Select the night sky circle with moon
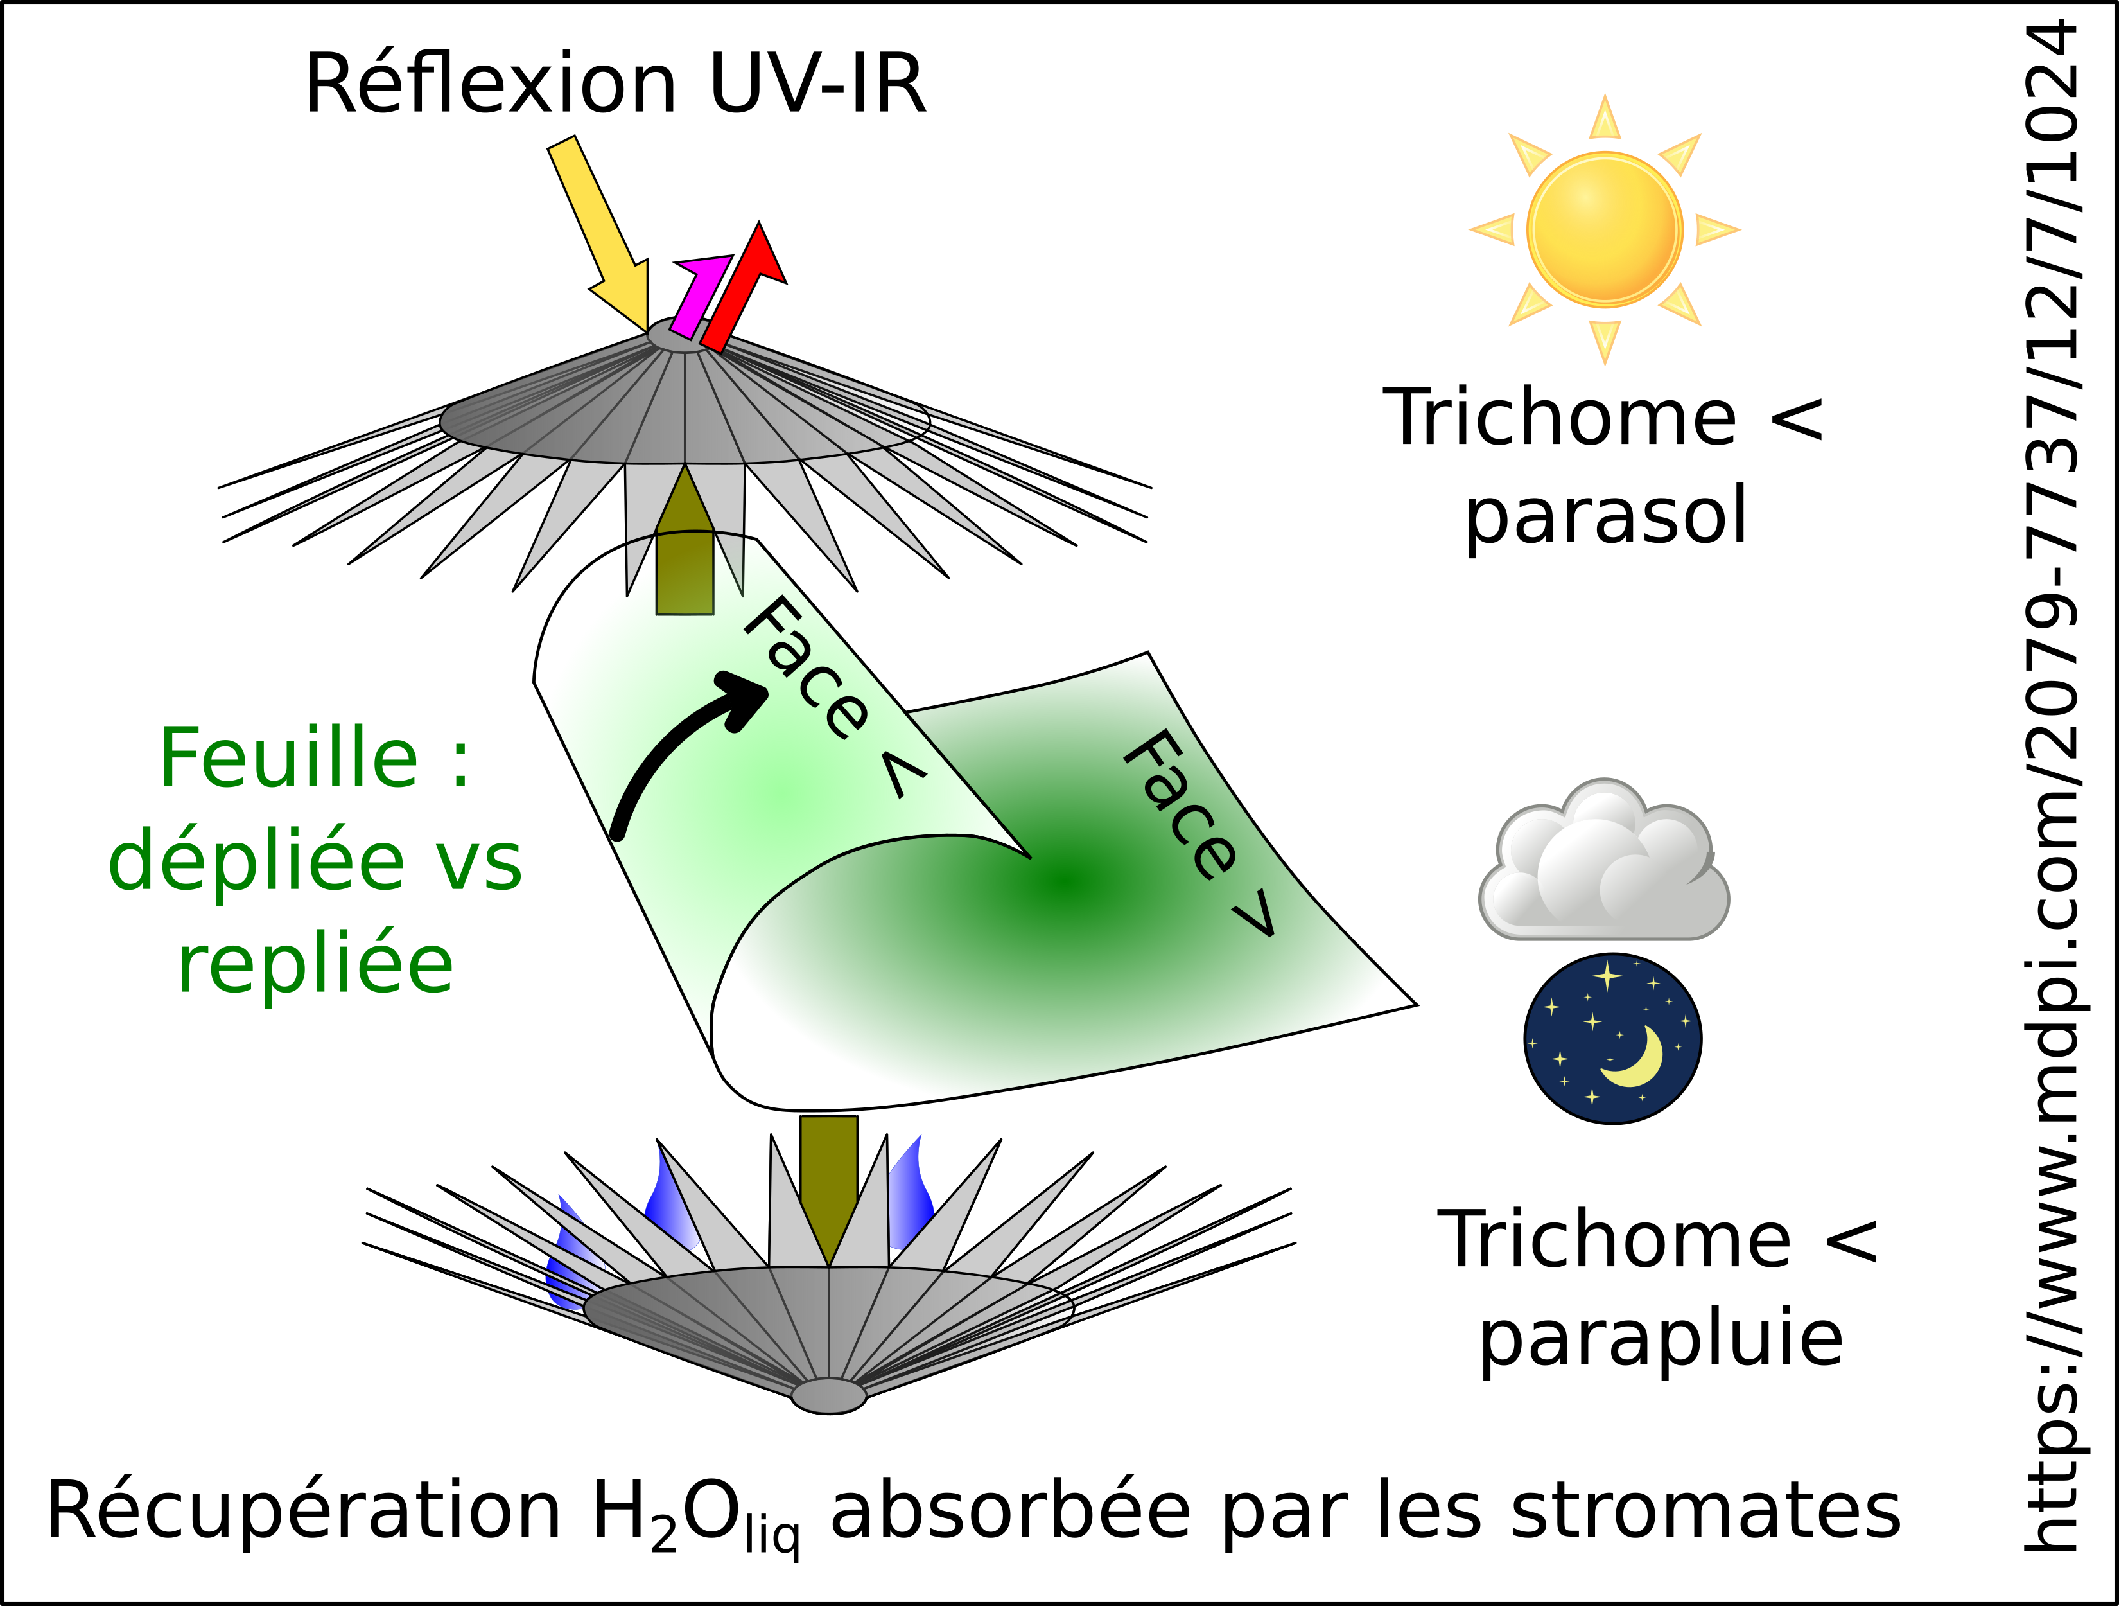(1612, 1039)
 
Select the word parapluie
(1661, 1339)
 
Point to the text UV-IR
(817, 84)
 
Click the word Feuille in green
(288, 759)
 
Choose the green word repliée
(315, 966)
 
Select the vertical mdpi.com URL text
(2052, 786)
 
